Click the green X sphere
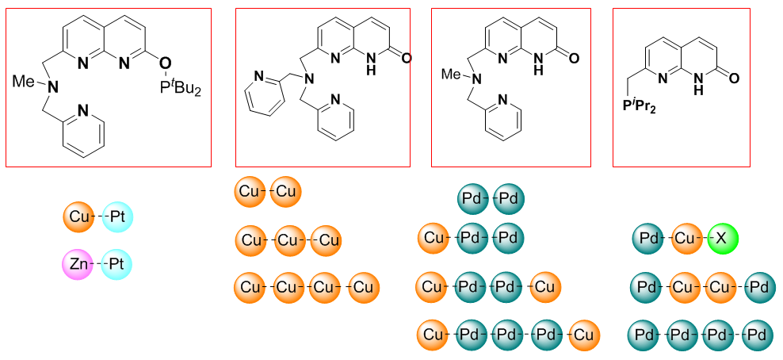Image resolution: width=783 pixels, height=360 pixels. pos(723,238)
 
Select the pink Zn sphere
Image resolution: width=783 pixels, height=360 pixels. pos(77,263)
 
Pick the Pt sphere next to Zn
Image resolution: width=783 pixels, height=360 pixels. pos(117,263)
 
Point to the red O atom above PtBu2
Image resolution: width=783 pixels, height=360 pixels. pos(165,61)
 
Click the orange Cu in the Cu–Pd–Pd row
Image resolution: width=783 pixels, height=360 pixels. pos(434,237)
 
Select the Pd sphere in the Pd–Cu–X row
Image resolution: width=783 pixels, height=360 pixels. pos(648,238)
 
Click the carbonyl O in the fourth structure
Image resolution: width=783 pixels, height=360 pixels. pos(733,78)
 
